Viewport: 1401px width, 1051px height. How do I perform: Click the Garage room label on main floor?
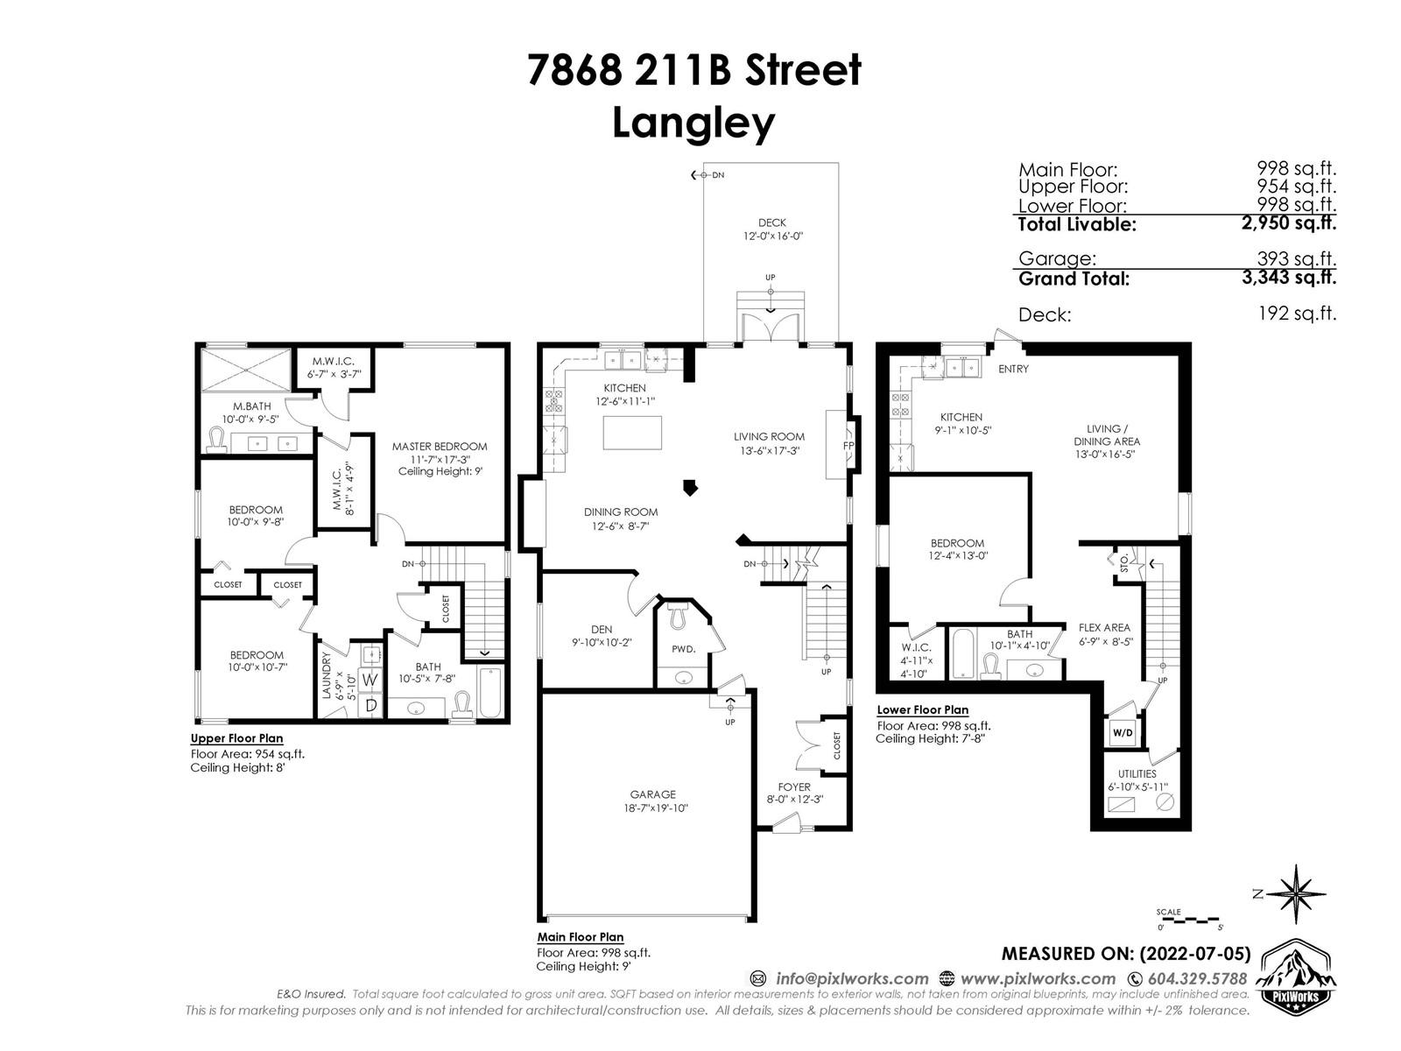click(652, 794)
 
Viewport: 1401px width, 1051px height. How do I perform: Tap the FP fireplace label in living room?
click(848, 446)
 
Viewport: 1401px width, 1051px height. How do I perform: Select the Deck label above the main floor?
click(771, 222)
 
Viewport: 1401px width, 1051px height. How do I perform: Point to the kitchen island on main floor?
click(632, 433)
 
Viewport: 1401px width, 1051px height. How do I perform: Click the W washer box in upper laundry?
click(370, 681)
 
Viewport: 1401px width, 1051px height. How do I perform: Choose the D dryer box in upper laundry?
click(370, 705)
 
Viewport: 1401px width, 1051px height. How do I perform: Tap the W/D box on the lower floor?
click(1122, 732)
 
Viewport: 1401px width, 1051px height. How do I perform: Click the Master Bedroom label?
click(440, 447)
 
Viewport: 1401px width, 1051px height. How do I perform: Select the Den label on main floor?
click(602, 629)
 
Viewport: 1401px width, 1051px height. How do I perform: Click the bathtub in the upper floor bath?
click(490, 693)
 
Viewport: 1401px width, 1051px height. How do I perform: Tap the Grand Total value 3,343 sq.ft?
click(1289, 278)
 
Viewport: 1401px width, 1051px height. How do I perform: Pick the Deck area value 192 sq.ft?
click(1297, 314)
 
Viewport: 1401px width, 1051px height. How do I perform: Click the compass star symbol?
click(1295, 894)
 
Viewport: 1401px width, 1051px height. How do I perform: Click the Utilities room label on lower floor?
click(1137, 774)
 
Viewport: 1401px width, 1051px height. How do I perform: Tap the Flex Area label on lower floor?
click(1104, 628)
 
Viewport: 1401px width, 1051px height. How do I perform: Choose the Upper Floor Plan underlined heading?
click(236, 738)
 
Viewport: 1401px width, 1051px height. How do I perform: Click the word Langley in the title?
click(693, 123)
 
